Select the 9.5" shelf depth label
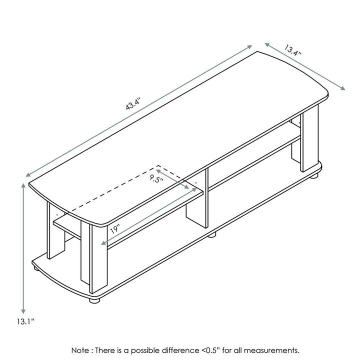point(156,179)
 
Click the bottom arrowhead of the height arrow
point(23,311)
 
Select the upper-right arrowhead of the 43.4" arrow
point(251,46)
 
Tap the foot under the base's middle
point(212,234)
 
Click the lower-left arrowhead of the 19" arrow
point(103,245)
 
